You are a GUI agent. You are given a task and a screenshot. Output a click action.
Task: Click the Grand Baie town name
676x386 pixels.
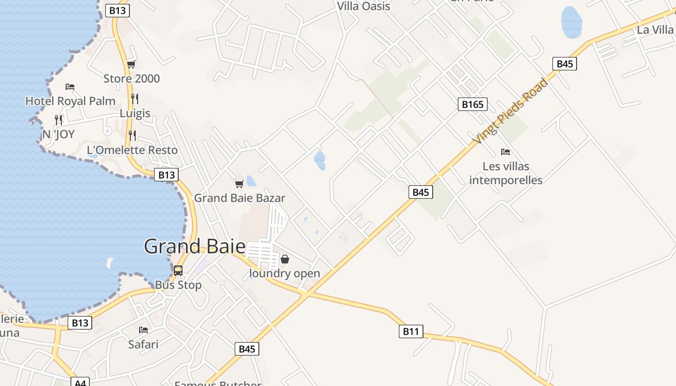[195, 247]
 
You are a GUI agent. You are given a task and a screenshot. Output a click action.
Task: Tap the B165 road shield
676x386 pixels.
[472, 104]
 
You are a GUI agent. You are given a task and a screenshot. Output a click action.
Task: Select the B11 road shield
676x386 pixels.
[410, 331]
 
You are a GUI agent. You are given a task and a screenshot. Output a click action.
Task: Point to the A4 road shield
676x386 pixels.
[80, 382]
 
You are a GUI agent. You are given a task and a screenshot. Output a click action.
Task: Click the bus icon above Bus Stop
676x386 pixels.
[178, 270]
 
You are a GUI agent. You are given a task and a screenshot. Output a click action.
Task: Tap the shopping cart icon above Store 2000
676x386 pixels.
[131, 64]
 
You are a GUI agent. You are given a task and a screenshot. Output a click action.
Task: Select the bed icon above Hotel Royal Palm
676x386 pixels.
[70, 87]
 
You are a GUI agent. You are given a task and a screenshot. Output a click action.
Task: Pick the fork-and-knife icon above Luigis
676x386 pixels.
[135, 99]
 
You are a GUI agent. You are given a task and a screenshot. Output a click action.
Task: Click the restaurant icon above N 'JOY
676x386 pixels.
[58, 120]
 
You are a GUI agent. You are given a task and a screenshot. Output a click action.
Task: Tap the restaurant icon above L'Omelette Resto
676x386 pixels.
[132, 135]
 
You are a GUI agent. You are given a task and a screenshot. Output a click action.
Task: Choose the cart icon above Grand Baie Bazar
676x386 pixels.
[239, 184]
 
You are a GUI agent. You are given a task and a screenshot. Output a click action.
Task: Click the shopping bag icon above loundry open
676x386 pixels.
[285, 259]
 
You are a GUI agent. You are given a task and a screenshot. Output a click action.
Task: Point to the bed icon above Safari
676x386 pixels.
[143, 330]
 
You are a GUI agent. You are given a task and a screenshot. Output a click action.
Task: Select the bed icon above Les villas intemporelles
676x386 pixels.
[506, 152]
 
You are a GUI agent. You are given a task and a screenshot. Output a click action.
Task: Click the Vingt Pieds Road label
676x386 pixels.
[511, 111]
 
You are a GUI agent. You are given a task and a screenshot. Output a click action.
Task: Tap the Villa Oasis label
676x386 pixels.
[363, 6]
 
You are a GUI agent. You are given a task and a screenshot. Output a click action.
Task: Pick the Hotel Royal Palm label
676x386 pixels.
[70, 101]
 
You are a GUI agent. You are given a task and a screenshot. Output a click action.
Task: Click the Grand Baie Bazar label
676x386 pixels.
[239, 198]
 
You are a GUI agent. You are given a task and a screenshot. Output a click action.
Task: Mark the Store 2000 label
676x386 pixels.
[131, 79]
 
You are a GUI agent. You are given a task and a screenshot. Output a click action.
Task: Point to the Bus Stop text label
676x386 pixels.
[178, 285]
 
